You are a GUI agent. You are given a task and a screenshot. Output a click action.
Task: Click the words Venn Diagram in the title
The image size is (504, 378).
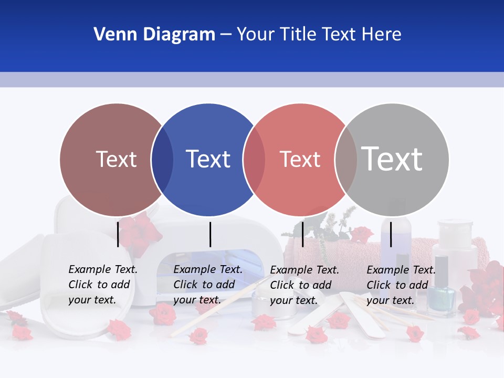coord(154,35)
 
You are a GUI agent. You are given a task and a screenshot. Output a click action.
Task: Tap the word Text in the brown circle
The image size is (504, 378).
coord(116,159)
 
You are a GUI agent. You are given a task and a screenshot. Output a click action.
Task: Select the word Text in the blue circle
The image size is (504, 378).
coord(208,159)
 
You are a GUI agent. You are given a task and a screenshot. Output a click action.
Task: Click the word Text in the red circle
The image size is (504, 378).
coord(300,159)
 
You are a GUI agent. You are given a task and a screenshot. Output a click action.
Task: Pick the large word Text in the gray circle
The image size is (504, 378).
coord(392,159)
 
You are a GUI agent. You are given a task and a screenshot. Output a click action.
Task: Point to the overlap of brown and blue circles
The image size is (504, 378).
coord(162,159)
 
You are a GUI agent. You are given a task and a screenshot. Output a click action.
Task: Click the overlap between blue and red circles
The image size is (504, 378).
coord(254,159)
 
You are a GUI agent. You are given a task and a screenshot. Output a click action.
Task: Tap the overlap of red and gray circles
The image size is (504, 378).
coord(346,159)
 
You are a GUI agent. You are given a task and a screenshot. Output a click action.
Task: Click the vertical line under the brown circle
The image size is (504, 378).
coord(118,234)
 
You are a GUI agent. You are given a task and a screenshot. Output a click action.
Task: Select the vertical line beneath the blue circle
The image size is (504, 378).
coord(210,234)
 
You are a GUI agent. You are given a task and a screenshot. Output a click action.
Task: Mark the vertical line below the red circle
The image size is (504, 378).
coord(302,234)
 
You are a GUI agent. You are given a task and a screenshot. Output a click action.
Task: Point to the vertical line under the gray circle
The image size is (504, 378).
coord(391,234)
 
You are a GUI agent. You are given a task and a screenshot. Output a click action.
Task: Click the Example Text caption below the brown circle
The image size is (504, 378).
coord(102,285)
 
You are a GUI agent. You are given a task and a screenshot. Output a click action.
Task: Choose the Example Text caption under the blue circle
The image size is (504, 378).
coord(207,285)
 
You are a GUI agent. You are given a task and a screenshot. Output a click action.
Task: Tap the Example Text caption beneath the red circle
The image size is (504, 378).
coord(304,285)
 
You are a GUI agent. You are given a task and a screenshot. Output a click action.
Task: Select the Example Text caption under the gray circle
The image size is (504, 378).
coord(401,285)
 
